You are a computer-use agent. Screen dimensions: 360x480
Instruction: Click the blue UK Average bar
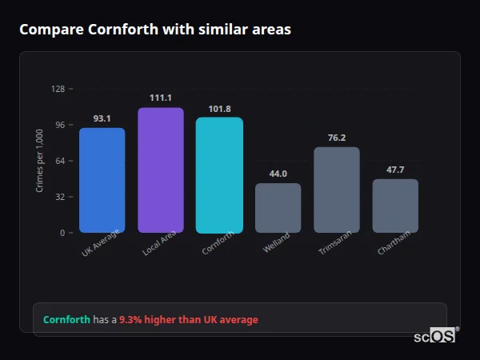click(x=102, y=180)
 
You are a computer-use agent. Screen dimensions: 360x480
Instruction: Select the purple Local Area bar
click(x=161, y=170)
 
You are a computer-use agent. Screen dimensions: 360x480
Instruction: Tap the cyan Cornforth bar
click(x=219, y=175)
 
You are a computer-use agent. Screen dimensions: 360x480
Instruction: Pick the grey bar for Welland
click(x=278, y=208)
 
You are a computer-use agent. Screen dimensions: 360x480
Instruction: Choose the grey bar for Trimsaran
click(x=337, y=190)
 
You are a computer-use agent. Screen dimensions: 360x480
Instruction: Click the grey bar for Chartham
click(x=395, y=206)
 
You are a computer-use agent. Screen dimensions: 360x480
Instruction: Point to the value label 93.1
click(x=102, y=118)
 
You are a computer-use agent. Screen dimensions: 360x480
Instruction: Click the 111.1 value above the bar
click(x=161, y=98)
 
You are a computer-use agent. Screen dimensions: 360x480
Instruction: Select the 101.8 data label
click(x=219, y=109)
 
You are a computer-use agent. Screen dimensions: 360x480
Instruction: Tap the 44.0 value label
click(x=278, y=174)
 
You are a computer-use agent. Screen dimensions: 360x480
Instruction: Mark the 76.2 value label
click(x=337, y=138)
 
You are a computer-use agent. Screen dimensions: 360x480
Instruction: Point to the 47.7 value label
click(x=395, y=170)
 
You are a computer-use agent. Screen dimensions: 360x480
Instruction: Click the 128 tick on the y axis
click(x=58, y=89)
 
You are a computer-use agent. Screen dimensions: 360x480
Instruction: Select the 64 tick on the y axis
click(x=60, y=161)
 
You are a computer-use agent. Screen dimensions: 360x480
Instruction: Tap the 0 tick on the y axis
click(x=62, y=233)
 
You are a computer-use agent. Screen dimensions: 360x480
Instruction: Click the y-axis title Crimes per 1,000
click(x=40, y=161)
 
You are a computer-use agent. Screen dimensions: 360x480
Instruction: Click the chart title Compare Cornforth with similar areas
click(x=155, y=30)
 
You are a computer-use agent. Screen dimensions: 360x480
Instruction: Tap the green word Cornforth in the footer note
click(x=66, y=319)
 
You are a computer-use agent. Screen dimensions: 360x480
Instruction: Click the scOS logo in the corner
click(x=435, y=336)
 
